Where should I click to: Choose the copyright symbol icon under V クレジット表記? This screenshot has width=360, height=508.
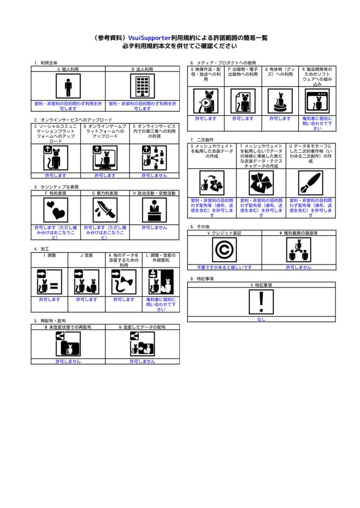coord(224,250)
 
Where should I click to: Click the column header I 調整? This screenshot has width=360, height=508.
coord(50,255)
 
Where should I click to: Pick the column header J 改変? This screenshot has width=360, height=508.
coord(86,255)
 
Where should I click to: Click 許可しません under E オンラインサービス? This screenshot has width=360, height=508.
coord(154,176)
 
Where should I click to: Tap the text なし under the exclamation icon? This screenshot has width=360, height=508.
coord(261,319)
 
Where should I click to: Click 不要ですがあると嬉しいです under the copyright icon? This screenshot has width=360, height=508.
coord(224,267)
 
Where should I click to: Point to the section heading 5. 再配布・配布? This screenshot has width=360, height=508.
coord(50,321)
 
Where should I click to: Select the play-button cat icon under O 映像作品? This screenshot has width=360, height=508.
coord(206,101)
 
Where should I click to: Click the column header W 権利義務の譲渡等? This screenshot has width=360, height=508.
coord(298,233)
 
